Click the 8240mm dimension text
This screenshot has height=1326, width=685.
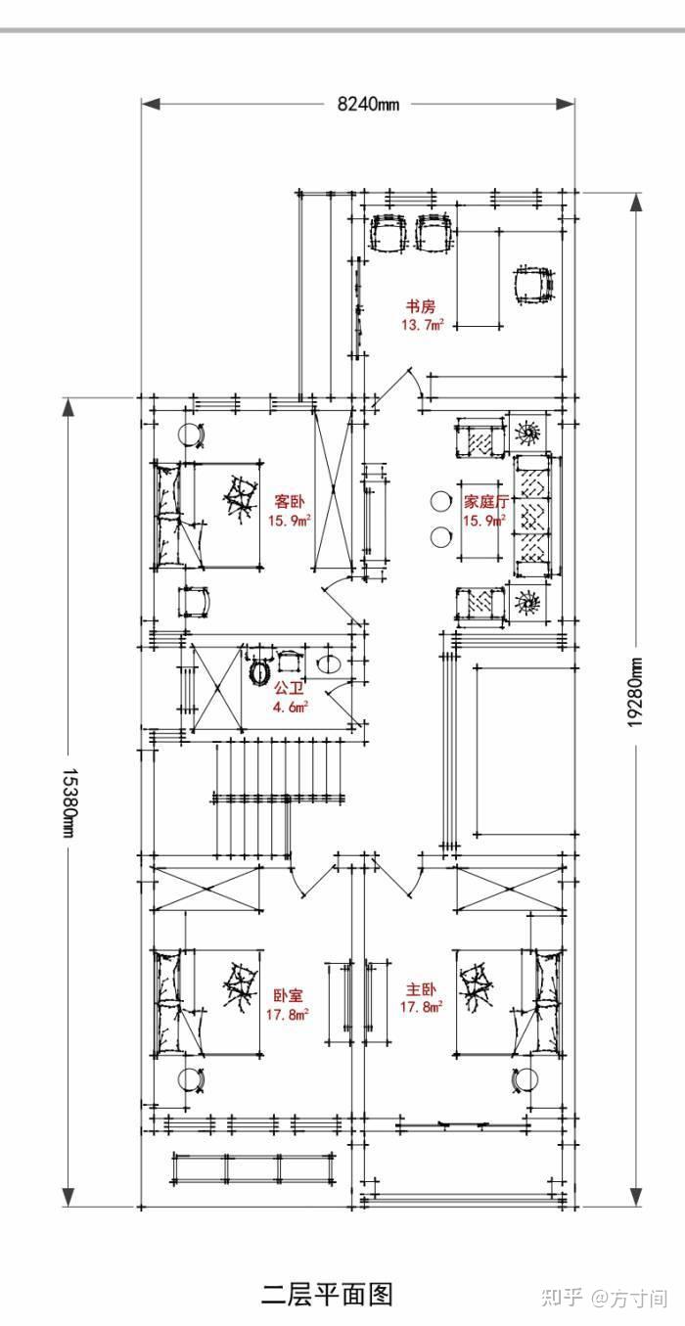click(368, 104)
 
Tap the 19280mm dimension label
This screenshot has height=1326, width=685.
click(635, 692)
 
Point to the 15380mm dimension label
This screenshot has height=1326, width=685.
click(69, 802)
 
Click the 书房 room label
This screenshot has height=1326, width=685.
click(421, 306)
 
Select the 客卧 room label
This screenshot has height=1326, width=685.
click(290, 502)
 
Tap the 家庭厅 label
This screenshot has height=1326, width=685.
click(485, 502)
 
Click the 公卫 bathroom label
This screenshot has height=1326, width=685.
click(290, 688)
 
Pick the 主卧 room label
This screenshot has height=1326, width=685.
click(421, 989)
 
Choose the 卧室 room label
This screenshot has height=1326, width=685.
click(288, 995)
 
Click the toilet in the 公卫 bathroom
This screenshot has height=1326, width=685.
click(261, 673)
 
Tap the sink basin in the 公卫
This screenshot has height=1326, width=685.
click(328, 663)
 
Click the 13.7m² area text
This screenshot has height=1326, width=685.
click(422, 324)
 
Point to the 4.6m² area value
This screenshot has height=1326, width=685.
click(290, 707)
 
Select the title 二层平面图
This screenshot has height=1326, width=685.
click(328, 1294)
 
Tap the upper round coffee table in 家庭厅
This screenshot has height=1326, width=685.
click(440, 501)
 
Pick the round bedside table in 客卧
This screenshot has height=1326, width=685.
click(191, 435)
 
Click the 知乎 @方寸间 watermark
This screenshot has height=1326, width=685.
click(605, 1297)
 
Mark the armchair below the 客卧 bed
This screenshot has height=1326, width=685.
click(194, 602)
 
